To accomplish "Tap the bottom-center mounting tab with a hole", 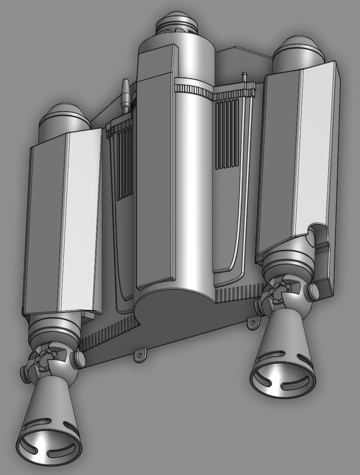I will point(140,356).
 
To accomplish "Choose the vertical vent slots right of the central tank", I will point(226,134).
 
